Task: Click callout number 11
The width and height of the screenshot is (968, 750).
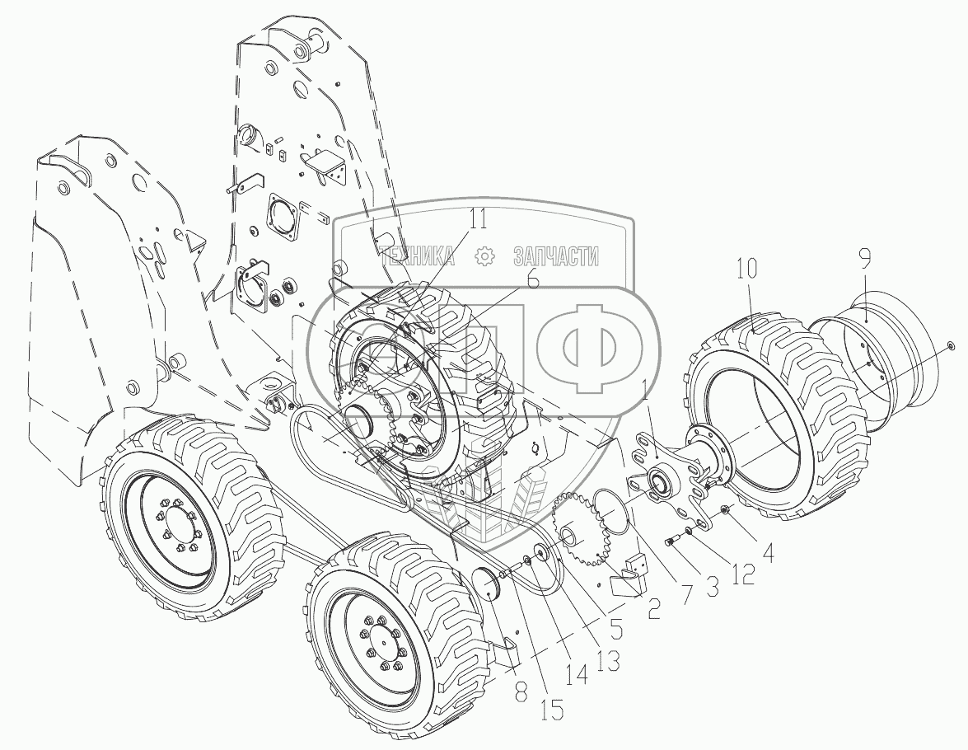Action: (476, 218)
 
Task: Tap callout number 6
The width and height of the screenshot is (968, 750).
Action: (532, 278)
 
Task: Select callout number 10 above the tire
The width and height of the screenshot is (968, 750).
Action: (746, 268)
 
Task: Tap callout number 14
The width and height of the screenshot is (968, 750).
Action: (577, 674)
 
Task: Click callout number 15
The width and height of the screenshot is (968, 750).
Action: (553, 710)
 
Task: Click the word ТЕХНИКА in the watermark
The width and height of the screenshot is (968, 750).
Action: (418, 255)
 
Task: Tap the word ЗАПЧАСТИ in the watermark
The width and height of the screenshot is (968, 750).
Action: (555, 255)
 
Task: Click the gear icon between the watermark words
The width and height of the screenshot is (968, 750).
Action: (484, 255)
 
